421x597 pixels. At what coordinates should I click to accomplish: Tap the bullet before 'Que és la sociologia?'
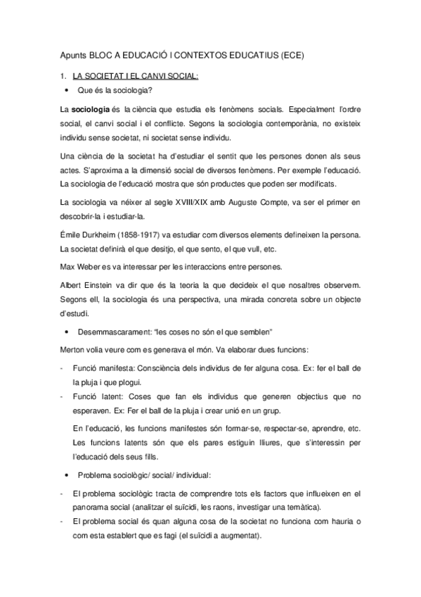[65, 91]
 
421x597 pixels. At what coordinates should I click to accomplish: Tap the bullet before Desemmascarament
[65, 332]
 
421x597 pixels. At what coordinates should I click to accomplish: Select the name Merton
[74, 349]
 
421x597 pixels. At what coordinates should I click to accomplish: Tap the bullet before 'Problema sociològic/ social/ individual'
[65, 474]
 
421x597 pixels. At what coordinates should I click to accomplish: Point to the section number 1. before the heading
[63, 75]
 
